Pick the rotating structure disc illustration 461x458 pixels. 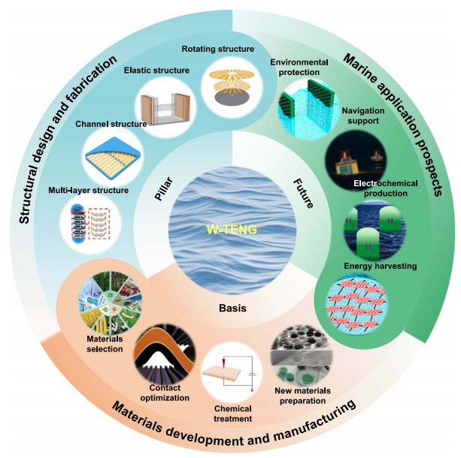pos(231,89)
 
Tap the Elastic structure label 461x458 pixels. pos(156,71)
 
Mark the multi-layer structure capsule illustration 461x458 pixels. pos(90,226)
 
